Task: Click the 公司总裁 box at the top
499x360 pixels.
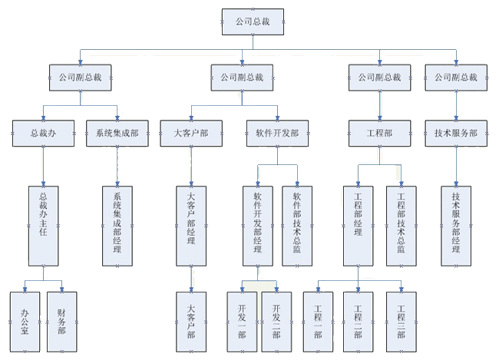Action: pos(253,22)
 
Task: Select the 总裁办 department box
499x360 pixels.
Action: pos(43,132)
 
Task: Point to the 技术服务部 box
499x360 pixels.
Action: pos(456,132)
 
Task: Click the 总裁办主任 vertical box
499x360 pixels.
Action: pos(43,225)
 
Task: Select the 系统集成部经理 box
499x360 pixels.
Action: pos(117,225)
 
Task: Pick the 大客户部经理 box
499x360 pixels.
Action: pos(191,225)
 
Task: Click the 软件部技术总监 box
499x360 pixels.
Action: pos(297,225)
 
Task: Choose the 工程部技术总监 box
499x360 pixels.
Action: pos(401,225)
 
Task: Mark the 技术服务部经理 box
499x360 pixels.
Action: pos(456,225)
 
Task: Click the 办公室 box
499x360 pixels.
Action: pos(25,320)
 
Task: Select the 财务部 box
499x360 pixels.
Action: pos(61,320)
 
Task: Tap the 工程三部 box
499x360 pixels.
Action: pos(401,320)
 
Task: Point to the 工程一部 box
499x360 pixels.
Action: pos(318,320)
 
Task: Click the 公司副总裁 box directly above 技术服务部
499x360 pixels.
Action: pos(456,77)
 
